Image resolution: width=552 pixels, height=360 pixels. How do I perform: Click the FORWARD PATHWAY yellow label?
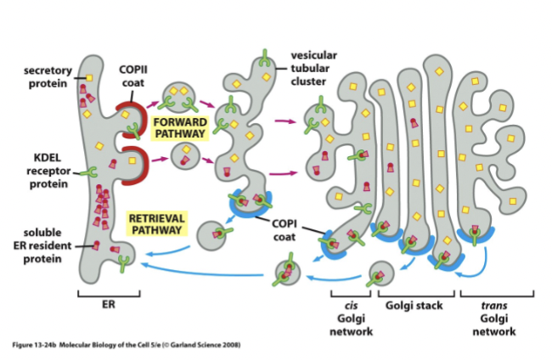click(179, 127)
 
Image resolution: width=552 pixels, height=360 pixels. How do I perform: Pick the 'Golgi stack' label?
click(414, 306)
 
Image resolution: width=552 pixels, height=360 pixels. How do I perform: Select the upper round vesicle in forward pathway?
click(179, 97)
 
